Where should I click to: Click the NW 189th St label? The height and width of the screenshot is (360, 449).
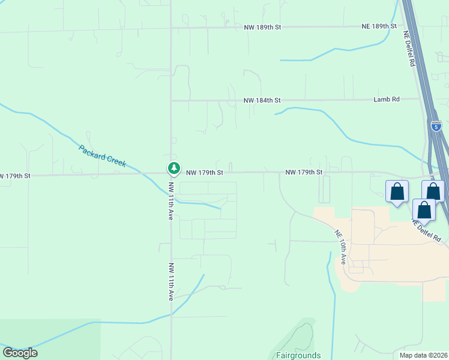pos(262,28)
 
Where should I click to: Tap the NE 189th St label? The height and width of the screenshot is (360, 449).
pos(379,26)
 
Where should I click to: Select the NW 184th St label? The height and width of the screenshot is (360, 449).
pos(262,100)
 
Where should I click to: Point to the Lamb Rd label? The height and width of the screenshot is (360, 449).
pos(386,100)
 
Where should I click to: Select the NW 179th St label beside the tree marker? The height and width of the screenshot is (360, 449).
pos(205,172)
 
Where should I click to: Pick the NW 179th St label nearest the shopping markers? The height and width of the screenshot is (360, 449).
pos(304,172)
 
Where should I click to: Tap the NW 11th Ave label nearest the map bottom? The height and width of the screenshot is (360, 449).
pos(171,281)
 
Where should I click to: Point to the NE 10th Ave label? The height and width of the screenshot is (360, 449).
pos(340,247)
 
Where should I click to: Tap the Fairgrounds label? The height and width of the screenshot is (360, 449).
pos(298,355)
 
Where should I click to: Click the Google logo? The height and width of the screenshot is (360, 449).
pos(20,353)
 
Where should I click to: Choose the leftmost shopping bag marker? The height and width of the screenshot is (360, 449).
pos(397,193)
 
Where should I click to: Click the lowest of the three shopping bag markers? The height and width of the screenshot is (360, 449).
pos(424,211)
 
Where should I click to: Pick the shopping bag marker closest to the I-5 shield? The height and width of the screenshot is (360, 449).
pos(433,192)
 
